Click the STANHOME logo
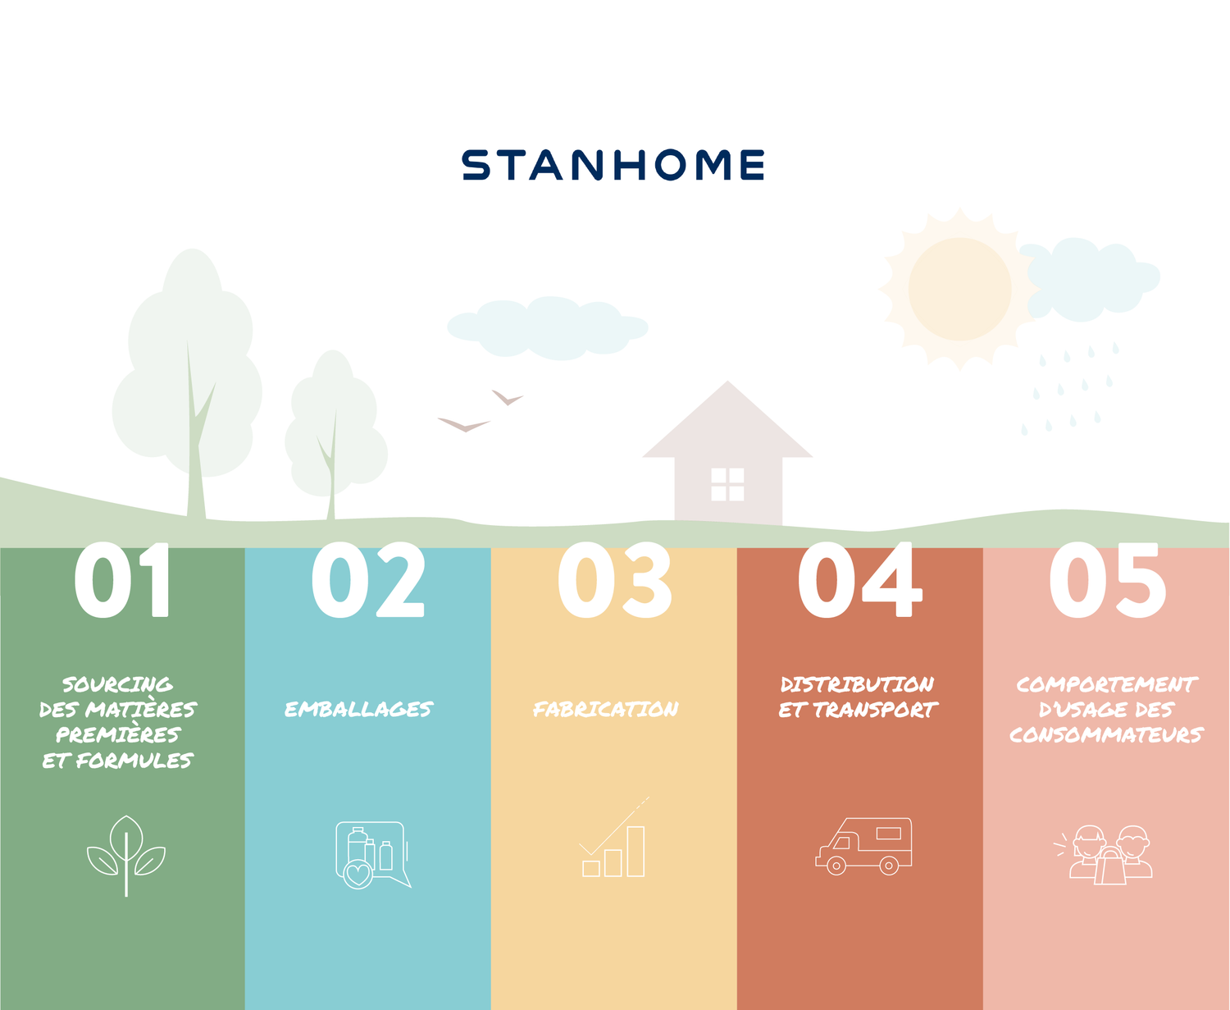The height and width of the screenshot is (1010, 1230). [x=613, y=165]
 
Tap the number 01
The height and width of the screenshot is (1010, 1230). [x=122, y=579]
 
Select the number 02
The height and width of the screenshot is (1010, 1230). [x=368, y=579]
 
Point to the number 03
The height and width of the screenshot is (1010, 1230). [x=615, y=579]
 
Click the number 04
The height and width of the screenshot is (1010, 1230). [x=859, y=579]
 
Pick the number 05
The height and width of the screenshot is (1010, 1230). [x=1108, y=579]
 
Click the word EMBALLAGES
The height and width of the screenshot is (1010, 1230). [x=358, y=709]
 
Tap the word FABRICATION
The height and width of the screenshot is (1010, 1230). [x=606, y=709]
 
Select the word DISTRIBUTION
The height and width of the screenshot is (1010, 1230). [x=858, y=683]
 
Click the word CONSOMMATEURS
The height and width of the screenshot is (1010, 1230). [x=1106, y=734]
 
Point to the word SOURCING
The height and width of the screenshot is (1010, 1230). [x=117, y=683]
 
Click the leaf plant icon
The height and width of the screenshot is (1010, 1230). [x=126, y=856]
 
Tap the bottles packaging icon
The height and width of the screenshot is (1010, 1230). [x=373, y=855]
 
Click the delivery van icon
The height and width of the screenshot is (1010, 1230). [x=863, y=846]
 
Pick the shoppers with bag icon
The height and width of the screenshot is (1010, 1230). [x=1103, y=855]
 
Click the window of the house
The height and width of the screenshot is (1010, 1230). [x=727, y=484]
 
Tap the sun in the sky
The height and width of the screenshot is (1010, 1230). [x=959, y=290]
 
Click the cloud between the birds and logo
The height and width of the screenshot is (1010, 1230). [x=548, y=328]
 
